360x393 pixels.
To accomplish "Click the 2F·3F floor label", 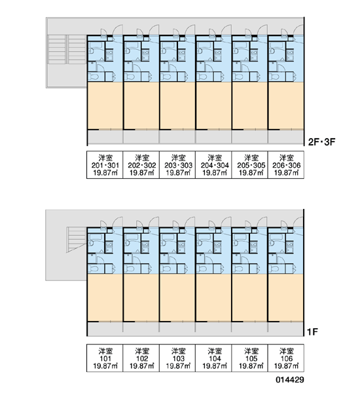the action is click(x=321, y=142).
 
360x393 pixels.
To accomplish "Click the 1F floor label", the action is click(x=312, y=332).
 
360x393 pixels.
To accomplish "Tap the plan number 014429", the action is click(x=290, y=380).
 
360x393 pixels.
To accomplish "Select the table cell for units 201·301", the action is click(x=105, y=164).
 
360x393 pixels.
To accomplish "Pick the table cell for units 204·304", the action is click(x=213, y=164).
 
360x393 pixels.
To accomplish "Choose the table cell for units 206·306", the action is click(x=286, y=164).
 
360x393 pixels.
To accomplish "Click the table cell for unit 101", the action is click(x=105, y=358).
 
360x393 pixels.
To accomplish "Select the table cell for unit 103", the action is click(x=177, y=358).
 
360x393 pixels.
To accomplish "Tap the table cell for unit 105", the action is click(x=250, y=358).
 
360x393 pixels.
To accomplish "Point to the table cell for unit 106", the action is click(x=286, y=358).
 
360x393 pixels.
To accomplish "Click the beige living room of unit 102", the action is click(x=141, y=298).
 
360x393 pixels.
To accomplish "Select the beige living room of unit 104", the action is click(x=213, y=298).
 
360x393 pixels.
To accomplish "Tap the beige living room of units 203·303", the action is click(x=177, y=105).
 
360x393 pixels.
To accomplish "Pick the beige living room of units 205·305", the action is click(x=250, y=105).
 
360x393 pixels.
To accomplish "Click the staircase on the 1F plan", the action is click(x=77, y=239).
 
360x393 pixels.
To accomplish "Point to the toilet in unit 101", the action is click(x=94, y=269).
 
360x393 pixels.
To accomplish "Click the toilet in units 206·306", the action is click(x=274, y=77).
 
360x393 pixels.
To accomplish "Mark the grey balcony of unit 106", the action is click(x=285, y=329).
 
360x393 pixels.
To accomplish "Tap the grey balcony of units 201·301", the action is click(x=105, y=137).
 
